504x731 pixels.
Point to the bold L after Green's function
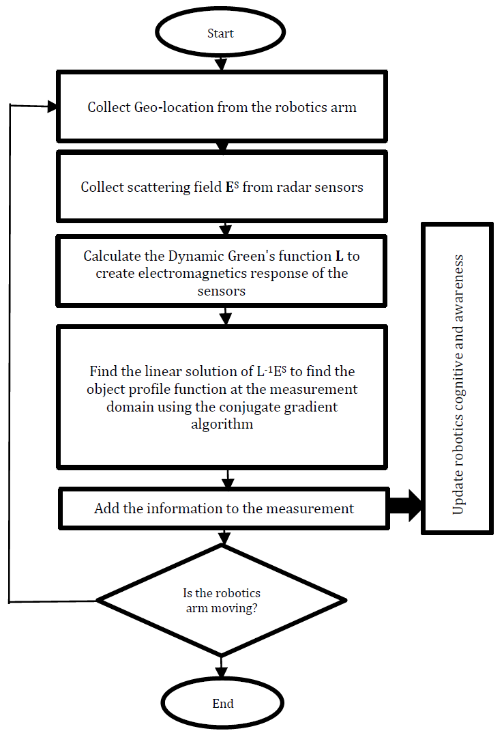point(339,256)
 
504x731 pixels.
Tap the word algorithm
point(222,424)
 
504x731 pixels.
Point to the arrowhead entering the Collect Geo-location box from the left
point(52,106)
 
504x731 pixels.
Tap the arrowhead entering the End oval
point(221,672)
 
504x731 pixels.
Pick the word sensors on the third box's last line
point(221,291)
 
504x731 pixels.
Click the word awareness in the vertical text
point(458,289)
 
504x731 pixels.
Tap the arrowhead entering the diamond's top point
point(224,539)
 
